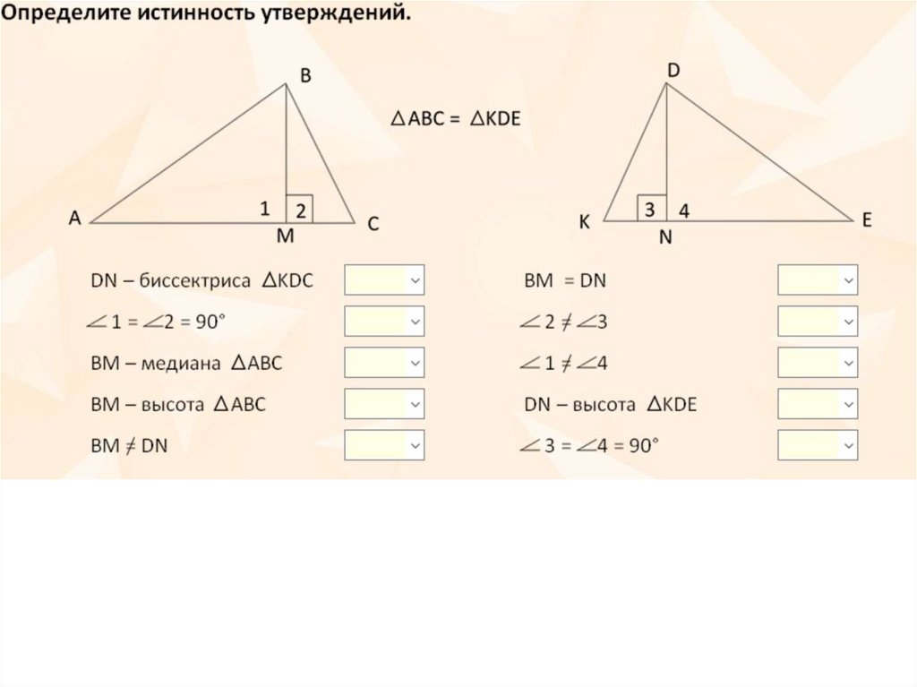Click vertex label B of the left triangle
(305, 78)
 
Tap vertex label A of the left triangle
(75, 218)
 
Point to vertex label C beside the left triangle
(373, 225)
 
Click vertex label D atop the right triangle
(673, 70)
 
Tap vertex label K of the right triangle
(584, 223)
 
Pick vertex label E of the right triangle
(867, 220)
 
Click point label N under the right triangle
(666, 239)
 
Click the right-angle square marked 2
(299, 209)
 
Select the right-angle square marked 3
(652, 208)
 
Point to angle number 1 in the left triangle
(265, 209)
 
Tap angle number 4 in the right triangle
(684, 211)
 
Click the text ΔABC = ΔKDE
(455, 119)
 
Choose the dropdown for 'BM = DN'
(818, 280)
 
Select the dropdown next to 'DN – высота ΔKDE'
(818, 404)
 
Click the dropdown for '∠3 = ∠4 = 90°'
(818, 445)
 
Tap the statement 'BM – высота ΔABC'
(178, 405)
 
